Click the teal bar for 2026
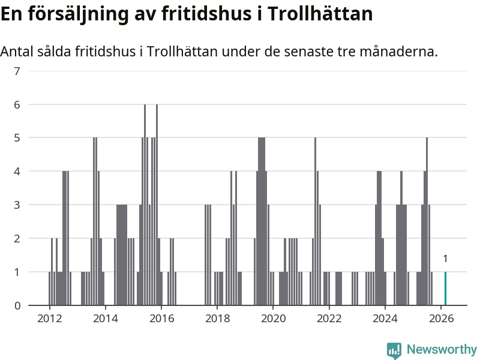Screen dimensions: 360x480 click(x=445, y=289)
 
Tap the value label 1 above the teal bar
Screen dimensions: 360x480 click(x=445, y=259)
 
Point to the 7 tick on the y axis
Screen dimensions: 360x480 click(x=17, y=71)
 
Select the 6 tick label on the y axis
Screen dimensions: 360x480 click(x=17, y=104)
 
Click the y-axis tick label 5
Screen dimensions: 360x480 click(x=17, y=138)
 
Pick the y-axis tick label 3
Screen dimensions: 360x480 click(x=17, y=205)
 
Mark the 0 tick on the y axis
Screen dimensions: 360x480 click(x=17, y=305)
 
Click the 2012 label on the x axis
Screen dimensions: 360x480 click(x=49, y=319)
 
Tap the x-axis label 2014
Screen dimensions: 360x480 click(x=105, y=319)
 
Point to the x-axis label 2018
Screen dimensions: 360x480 click(x=217, y=319)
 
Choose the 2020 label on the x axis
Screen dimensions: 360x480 click(x=273, y=319)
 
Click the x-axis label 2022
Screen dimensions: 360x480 click(x=329, y=319)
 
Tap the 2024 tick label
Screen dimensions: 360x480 click(x=385, y=319)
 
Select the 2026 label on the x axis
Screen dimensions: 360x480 click(x=441, y=319)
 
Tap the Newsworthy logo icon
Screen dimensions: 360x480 click(x=394, y=350)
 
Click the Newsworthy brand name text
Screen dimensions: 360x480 click(x=442, y=349)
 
